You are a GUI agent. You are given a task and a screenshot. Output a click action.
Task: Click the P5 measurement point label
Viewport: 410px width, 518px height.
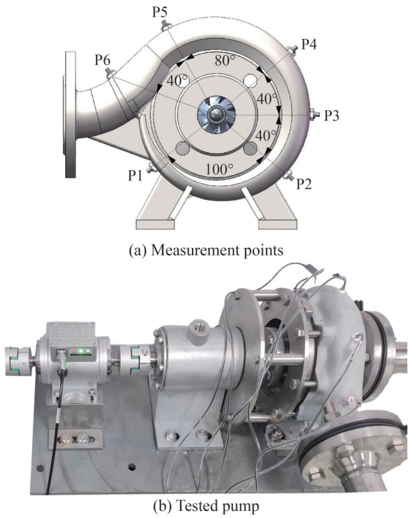(x=159, y=12)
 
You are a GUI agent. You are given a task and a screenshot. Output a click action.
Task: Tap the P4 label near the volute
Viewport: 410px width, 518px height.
(x=310, y=44)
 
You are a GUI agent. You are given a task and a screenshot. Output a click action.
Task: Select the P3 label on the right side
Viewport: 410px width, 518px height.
(x=331, y=115)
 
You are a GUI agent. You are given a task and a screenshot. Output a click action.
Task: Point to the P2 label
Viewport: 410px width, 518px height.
(x=304, y=184)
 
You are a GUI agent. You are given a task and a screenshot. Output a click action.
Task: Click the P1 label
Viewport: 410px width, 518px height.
(x=135, y=175)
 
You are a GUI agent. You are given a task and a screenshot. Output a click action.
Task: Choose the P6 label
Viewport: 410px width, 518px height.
(x=102, y=60)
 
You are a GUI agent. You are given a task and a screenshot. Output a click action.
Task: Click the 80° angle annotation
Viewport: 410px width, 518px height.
(x=225, y=60)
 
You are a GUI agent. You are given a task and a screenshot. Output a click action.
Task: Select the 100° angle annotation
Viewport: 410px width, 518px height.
(x=219, y=169)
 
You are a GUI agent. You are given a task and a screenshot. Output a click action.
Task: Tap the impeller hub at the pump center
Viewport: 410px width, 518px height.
(x=216, y=115)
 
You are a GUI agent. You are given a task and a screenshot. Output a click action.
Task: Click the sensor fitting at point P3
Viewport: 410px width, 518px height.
(x=314, y=115)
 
